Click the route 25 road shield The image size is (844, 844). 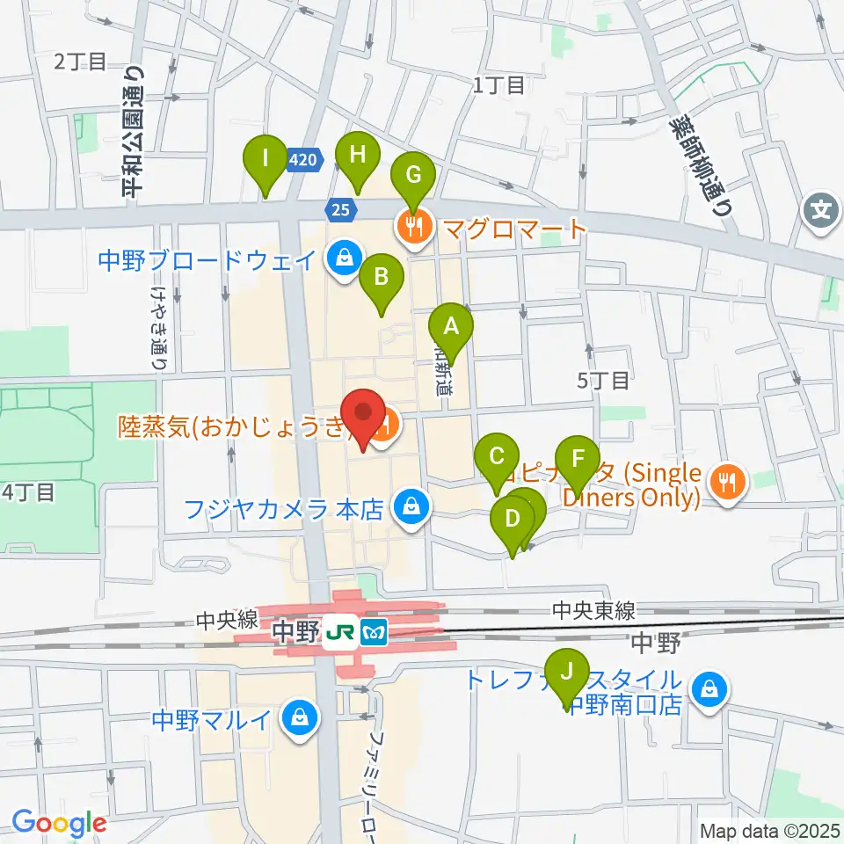(x=340, y=208)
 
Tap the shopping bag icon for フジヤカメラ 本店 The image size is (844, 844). (x=409, y=507)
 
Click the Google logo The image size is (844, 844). (x=59, y=824)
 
